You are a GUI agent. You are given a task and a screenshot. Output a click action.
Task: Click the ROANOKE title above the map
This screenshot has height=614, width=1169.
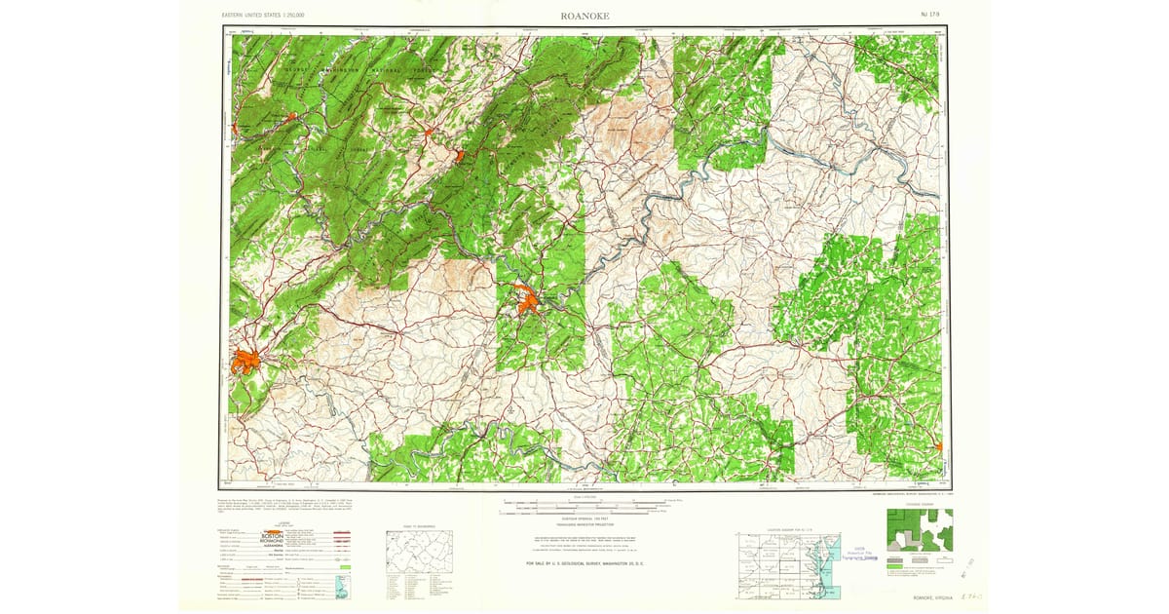tap(584, 16)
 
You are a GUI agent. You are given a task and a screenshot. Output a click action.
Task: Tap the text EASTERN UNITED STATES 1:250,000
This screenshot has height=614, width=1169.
tap(263, 16)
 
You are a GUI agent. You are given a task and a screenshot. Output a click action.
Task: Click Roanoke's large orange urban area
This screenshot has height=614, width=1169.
tap(245, 363)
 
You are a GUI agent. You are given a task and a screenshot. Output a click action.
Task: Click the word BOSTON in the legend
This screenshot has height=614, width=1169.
tap(272, 535)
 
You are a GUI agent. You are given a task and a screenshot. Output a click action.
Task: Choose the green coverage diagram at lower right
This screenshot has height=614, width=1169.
tap(919, 531)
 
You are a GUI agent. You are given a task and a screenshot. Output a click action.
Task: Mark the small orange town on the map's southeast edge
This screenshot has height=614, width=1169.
tap(939, 447)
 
